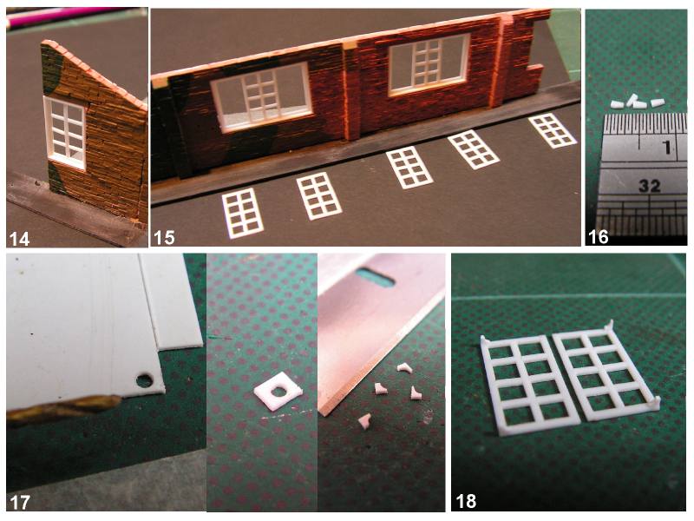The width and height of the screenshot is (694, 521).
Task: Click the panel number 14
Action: click(19, 239)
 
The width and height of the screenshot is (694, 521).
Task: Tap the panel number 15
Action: click(164, 238)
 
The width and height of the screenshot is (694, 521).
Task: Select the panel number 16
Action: click(598, 237)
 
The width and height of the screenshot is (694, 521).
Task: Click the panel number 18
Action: click(466, 501)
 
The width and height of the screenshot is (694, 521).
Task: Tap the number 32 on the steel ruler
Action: click(649, 186)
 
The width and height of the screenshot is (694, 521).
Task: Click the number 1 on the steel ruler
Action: click(667, 148)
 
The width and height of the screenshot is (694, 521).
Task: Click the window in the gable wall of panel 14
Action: click(65, 133)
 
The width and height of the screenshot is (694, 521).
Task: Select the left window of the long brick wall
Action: click(261, 97)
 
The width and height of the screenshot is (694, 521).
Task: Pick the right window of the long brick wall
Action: click(429, 64)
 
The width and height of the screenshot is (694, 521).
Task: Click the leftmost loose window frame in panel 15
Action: click(243, 213)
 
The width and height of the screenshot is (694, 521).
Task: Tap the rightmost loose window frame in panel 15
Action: click(553, 130)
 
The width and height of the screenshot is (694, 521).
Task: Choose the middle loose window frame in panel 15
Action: click(409, 168)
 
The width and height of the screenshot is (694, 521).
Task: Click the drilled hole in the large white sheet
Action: click(144, 380)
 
